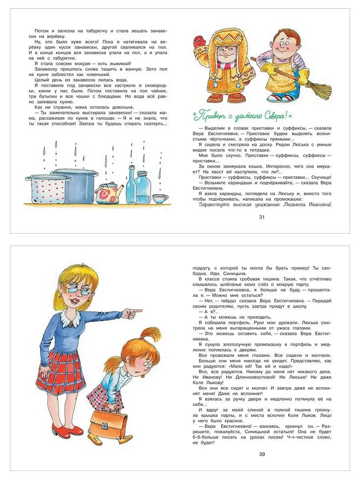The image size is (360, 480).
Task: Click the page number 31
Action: pyautogui.click(x=262, y=217)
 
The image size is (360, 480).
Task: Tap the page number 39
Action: pyautogui.click(x=262, y=454)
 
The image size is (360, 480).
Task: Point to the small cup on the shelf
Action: pyautogui.click(x=160, y=198)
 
